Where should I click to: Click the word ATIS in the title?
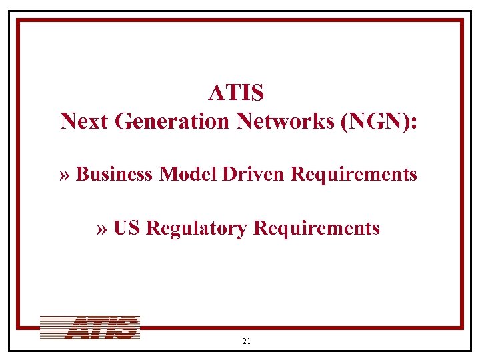(236, 92)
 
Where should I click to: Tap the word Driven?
(256, 175)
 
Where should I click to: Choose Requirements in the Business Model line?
(355, 175)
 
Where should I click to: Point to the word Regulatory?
(197, 229)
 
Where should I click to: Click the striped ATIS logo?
(89, 328)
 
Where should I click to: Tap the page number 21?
(246, 341)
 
